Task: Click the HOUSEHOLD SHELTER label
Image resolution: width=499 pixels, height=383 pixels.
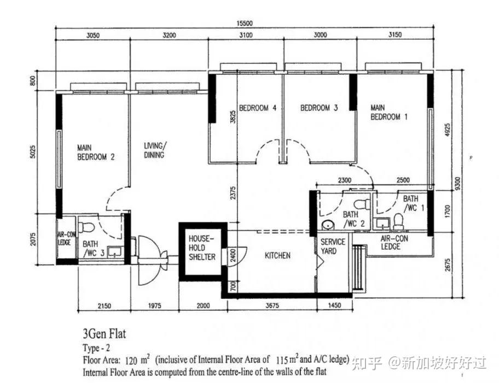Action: tap(202, 248)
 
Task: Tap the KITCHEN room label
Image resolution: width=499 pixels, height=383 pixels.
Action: tap(277, 256)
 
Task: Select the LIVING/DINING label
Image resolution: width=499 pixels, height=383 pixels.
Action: tap(154, 150)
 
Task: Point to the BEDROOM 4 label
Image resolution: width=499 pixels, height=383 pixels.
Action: tap(258, 108)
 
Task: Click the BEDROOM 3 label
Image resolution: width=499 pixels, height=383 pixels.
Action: tap(319, 108)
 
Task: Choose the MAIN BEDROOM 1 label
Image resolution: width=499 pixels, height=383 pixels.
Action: tap(389, 113)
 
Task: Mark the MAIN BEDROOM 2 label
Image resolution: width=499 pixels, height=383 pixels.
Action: tap(96, 152)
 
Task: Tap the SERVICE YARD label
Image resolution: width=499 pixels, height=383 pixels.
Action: tap(333, 246)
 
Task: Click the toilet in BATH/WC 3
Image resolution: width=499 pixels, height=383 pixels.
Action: tap(86, 227)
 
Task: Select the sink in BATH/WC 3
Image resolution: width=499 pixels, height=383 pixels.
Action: tap(114, 252)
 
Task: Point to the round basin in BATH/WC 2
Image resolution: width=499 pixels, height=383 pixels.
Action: tap(328, 225)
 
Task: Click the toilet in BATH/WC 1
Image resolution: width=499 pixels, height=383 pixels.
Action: tap(398, 221)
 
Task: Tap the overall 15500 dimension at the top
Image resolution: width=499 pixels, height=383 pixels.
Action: tap(245, 23)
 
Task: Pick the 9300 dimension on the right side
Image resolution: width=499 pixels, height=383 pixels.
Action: tap(457, 184)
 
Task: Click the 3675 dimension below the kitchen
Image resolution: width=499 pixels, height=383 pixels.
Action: tap(272, 306)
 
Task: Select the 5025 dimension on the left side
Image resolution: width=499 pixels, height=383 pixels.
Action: tap(33, 152)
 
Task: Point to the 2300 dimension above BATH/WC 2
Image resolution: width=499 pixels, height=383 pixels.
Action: tap(345, 180)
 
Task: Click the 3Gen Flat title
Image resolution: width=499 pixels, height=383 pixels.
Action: tap(105, 334)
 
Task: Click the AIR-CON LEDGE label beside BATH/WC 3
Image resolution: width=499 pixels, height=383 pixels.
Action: tap(67, 238)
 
